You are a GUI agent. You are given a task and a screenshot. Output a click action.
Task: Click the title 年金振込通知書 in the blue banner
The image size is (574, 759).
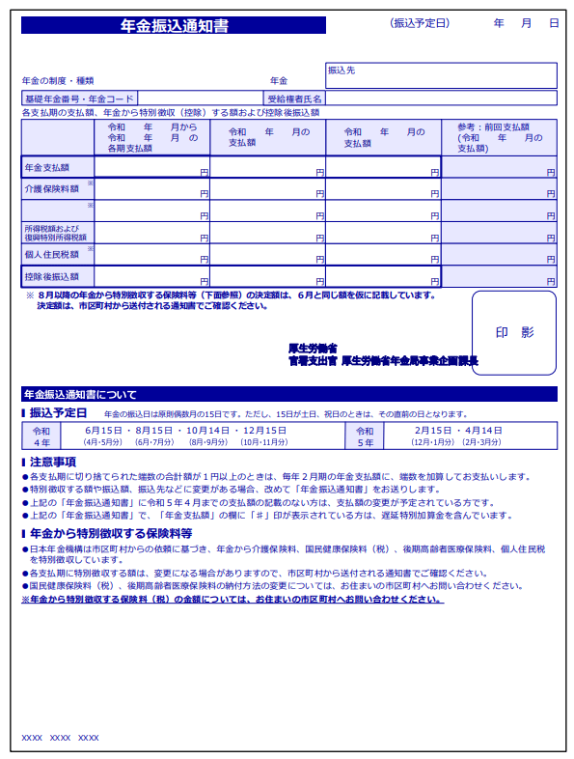click(174, 26)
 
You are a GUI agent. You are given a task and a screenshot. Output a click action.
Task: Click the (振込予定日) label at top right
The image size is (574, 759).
click(420, 22)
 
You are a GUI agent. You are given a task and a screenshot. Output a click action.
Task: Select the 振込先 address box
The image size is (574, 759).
click(441, 75)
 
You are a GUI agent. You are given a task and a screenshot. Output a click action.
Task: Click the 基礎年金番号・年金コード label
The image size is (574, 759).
click(80, 98)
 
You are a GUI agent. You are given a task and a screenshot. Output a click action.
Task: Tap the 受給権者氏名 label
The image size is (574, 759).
click(295, 98)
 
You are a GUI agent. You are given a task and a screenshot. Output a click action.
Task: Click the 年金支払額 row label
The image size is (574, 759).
click(45, 167)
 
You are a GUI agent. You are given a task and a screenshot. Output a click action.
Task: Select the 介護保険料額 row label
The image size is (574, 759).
click(52, 189)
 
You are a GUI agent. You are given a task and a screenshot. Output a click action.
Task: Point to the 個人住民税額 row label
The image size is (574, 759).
click(52, 255)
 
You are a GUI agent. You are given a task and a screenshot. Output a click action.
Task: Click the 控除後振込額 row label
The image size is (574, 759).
click(52, 277)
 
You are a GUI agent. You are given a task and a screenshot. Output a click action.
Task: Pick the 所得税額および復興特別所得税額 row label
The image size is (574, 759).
click(56, 233)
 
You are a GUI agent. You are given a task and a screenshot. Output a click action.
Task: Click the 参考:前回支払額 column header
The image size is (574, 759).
click(499, 137)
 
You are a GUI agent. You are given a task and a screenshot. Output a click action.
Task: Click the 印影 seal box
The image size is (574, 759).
click(513, 332)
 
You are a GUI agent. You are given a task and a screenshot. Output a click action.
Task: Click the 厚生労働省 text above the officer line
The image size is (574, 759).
click(312, 348)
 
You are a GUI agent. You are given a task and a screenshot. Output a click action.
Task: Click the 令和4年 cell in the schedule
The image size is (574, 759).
click(41, 436)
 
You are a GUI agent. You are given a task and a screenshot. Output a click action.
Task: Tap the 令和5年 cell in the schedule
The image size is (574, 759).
click(366, 436)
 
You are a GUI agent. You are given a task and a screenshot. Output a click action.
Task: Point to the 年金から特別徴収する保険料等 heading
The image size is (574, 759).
click(110, 533)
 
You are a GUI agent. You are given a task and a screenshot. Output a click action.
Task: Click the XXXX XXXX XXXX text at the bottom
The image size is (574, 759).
click(60, 738)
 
